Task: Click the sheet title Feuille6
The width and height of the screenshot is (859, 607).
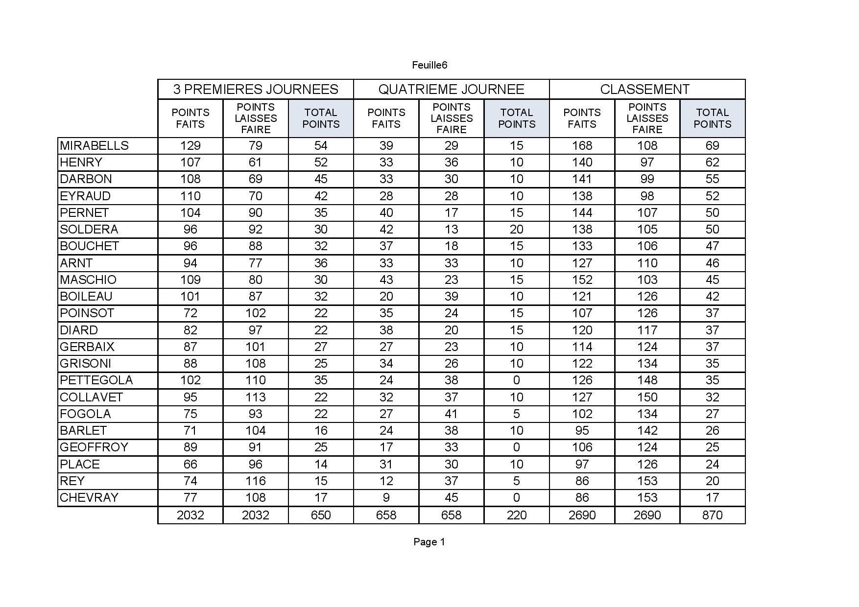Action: click(x=429, y=65)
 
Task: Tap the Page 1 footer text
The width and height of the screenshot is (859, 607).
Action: click(x=429, y=542)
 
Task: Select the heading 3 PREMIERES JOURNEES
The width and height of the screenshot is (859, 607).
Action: click(x=256, y=89)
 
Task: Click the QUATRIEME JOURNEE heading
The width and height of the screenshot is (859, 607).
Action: click(x=451, y=89)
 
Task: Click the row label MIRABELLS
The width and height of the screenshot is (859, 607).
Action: click(x=95, y=146)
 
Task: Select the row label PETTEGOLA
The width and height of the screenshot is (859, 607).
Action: click(x=96, y=380)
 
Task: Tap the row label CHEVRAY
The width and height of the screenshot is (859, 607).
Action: click(x=89, y=498)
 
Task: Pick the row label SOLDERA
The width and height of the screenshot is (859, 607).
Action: click(x=89, y=230)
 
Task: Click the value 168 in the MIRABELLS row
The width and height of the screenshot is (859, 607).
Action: click(x=582, y=146)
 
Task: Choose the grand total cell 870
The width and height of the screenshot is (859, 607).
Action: click(x=712, y=515)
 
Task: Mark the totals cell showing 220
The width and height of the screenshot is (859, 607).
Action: click(x=517, y=515)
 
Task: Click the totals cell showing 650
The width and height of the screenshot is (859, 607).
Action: click(x=321, y=515)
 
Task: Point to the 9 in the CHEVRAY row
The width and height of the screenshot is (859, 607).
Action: click(x=386, y=498)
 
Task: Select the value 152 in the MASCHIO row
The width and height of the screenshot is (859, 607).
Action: click(x=582, y=280)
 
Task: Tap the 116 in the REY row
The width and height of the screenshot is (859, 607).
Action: click(x=256, y=481)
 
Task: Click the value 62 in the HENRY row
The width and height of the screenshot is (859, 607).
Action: click(x=712, y=163)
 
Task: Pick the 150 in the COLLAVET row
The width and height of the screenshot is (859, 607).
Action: click(x=647, y=397)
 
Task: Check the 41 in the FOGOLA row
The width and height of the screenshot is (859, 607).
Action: click(x=451, y=414)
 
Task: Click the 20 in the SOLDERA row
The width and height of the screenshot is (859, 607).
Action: click(x=517, y=230)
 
